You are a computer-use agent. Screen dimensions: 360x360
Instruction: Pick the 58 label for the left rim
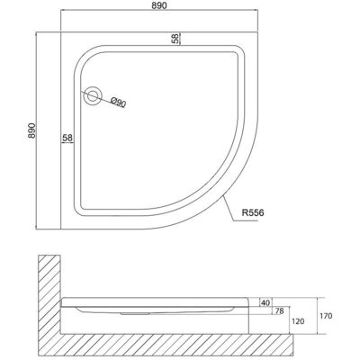click(67, 137)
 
